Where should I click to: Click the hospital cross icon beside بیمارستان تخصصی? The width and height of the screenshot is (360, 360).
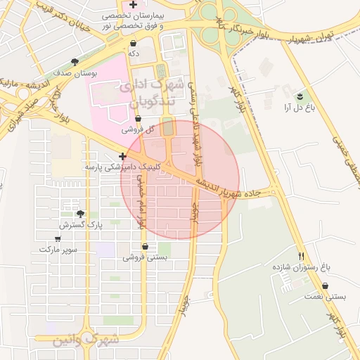[133, 5]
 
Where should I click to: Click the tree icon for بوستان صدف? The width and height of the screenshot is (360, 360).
[76, 62]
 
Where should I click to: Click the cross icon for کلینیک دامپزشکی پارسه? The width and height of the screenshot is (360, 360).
[123, 156]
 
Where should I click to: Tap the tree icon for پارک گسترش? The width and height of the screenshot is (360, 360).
[80, 214]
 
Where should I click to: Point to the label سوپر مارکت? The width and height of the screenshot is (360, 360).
[58, 249]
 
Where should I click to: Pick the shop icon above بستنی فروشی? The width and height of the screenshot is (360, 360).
[146, 247]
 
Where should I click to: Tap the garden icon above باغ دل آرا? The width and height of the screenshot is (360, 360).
[300, 96]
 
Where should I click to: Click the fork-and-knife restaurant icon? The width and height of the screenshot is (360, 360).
[302, 256]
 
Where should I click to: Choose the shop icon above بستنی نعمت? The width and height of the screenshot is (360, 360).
[326, 286]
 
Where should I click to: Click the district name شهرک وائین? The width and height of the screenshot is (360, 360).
[86, 340]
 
